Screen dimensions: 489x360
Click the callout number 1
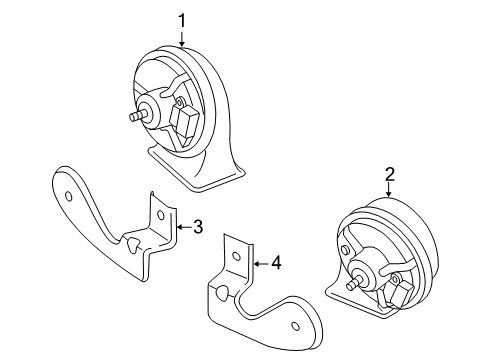(182, 21)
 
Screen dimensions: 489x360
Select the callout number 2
(390, 174)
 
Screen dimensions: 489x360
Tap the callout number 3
(198, 227)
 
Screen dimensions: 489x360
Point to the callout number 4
(276, 263)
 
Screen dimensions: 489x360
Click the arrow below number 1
(182, 39)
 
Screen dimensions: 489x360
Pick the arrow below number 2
(389, 191)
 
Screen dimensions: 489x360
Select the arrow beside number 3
(183, 227)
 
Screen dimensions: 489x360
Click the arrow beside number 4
(261, 264)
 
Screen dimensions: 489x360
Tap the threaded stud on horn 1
(138, 115)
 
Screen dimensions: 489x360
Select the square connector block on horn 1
(183, 121)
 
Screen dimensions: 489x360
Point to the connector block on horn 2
(402, 292)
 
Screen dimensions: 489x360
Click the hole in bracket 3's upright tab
(161, 215)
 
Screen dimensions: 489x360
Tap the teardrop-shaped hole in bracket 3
(132, 244)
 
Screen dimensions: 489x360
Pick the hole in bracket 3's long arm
(68, 196)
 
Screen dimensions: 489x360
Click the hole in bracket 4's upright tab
(236, 256)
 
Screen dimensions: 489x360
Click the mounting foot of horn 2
(357, 300)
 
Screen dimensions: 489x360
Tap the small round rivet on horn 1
(180, 101)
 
